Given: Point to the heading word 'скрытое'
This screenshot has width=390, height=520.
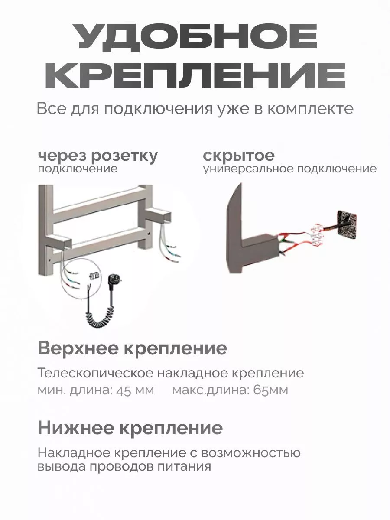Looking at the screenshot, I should (239, 156).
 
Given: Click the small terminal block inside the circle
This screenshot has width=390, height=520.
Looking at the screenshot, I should (93, 275).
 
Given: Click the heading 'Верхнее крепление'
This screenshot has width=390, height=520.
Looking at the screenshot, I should (132, 348).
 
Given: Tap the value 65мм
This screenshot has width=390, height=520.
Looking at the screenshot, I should (270, 390).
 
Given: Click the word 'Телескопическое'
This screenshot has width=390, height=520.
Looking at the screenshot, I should (95, 373).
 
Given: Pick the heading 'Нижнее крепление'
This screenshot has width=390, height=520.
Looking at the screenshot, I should (130, 428).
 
